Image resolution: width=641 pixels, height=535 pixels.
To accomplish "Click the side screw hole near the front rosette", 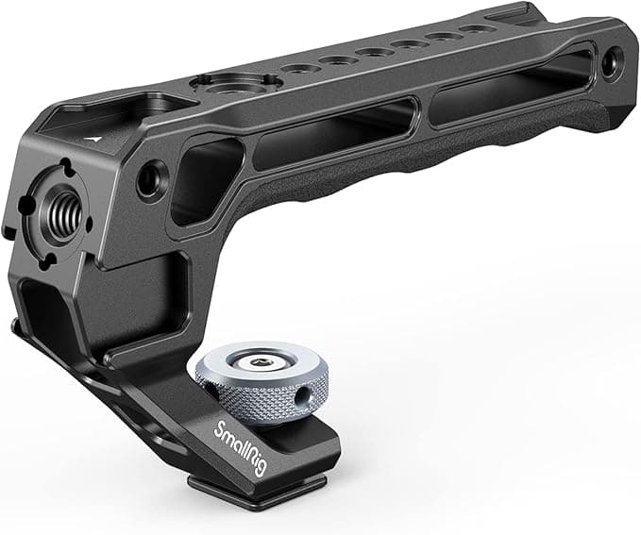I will [150, 178].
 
